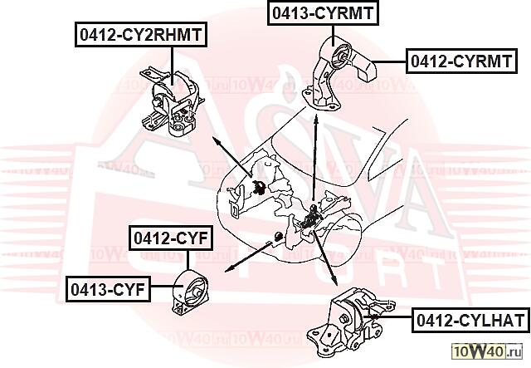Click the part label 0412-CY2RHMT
tap(140, 35)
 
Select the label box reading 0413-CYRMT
tap(323, 13)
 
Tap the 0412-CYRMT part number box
tap(461, 61)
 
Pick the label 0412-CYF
tap(171, 238)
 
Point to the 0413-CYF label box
tap(108, 289)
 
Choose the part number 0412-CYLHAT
tap(470, 320)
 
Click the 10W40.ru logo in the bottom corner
tap(487, 351)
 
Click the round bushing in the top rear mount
tap(341, 56)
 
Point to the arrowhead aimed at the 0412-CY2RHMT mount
tap(217, 141)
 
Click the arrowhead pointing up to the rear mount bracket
tap(315, 120)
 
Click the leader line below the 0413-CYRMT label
tap(334, 36)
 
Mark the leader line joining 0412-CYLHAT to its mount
tap(387, 316)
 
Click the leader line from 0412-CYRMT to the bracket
tap(389, 61)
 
